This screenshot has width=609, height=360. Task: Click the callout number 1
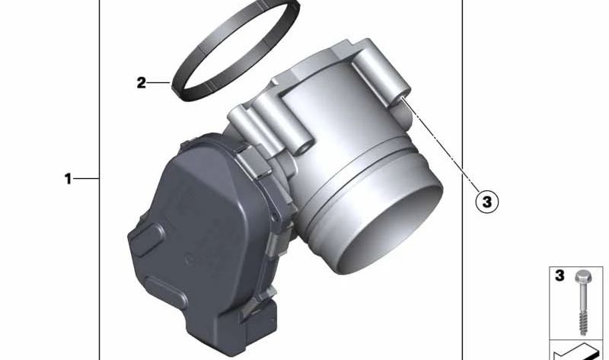pos(68,179)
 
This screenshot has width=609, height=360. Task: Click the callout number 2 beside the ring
pos(142,83)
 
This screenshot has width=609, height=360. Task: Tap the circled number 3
pos(486,202)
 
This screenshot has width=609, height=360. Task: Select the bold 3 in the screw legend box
pos(560,276)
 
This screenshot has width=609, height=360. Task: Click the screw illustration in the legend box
pos(582,302)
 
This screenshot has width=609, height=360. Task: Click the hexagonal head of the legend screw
pos(582,276)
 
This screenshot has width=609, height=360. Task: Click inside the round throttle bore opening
pos(392,229)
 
